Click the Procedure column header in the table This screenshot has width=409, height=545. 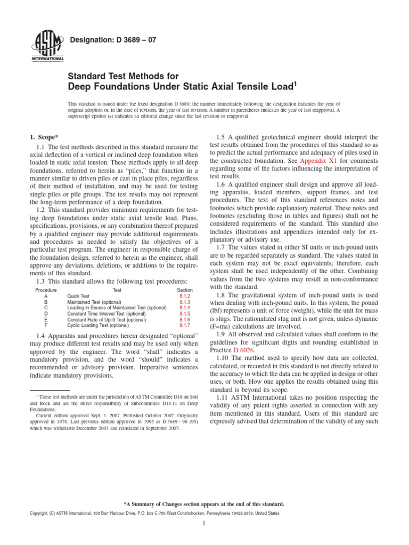[x=46, y=290]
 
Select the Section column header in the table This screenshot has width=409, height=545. [x=184, y=290]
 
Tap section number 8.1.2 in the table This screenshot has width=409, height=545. [x=184, y=296]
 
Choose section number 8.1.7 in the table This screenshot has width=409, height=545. [x=184, y=325]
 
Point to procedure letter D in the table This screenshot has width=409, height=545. [x=46, y=313]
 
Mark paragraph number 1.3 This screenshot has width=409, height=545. [x=43, y=280]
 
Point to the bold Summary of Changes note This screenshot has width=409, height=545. [x=204, y=504]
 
